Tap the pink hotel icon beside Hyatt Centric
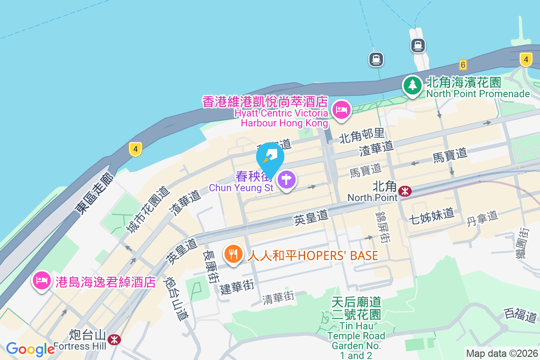(x=342, y=109)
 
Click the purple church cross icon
(x=287, y=180)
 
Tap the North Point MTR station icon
(x=405, y=191)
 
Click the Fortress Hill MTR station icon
(x=114, y=339)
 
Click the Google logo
(x=31, y=349)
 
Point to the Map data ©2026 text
(x=501, y=353)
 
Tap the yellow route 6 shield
(x=463, y=64)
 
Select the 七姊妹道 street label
(x=431, y=215)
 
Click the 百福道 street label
(x=521, y=314)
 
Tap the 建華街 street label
(x=237, y=287)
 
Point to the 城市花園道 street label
(x=148, y=210)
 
